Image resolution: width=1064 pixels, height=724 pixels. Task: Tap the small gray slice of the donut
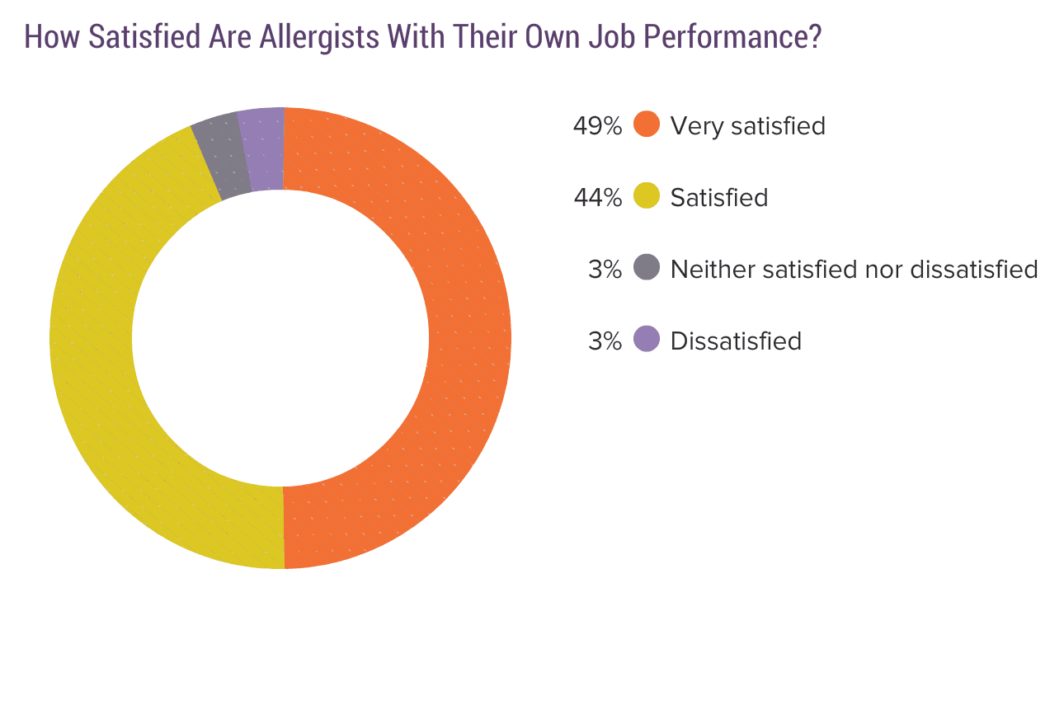tap(220, 157)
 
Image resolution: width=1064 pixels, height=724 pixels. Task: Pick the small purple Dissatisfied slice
tap(262, 149)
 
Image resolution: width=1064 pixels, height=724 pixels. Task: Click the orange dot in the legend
tap(647, 125)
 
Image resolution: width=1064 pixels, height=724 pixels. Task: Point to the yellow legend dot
tap(647, 197)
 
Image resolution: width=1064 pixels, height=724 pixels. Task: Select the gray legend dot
tap(647, 269)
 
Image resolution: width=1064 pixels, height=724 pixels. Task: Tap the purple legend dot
tap(647, 341)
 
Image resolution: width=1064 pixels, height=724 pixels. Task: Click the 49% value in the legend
tap(597, 126)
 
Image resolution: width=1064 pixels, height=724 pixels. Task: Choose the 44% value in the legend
tap(597, 198)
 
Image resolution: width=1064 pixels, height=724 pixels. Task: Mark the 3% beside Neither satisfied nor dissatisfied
tap(605, 270)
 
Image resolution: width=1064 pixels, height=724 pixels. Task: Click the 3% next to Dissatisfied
tap(605, 341)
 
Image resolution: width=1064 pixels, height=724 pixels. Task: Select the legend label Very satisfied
tap(747, 126)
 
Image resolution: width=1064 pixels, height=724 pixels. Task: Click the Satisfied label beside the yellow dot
tap(719, 198)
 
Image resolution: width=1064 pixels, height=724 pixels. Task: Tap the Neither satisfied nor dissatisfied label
tap(854, 270)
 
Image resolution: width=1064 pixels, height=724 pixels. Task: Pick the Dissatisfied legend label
tap(736, 341)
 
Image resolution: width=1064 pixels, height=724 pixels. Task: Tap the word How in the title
tap(52, 38)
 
